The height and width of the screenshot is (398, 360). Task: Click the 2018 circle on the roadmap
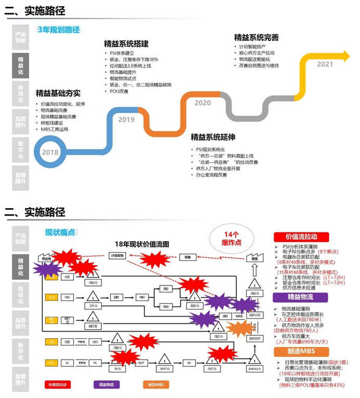coord(50,152)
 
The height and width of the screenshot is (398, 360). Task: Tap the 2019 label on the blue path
coord(126,120)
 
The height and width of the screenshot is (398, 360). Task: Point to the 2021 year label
coord(325,64)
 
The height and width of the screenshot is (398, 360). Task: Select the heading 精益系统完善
coord(256,37)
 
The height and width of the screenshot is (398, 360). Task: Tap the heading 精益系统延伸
coord(213,138)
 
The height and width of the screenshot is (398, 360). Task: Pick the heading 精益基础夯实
coord(58,93)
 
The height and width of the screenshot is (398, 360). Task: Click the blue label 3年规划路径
coord(59,30)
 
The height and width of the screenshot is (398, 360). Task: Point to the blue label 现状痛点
coord(60,232)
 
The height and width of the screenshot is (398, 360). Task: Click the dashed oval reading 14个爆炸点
coord(231,238)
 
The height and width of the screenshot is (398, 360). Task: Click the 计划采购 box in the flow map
coord(118,256)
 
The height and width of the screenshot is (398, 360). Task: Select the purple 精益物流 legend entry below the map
coord(106,385)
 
